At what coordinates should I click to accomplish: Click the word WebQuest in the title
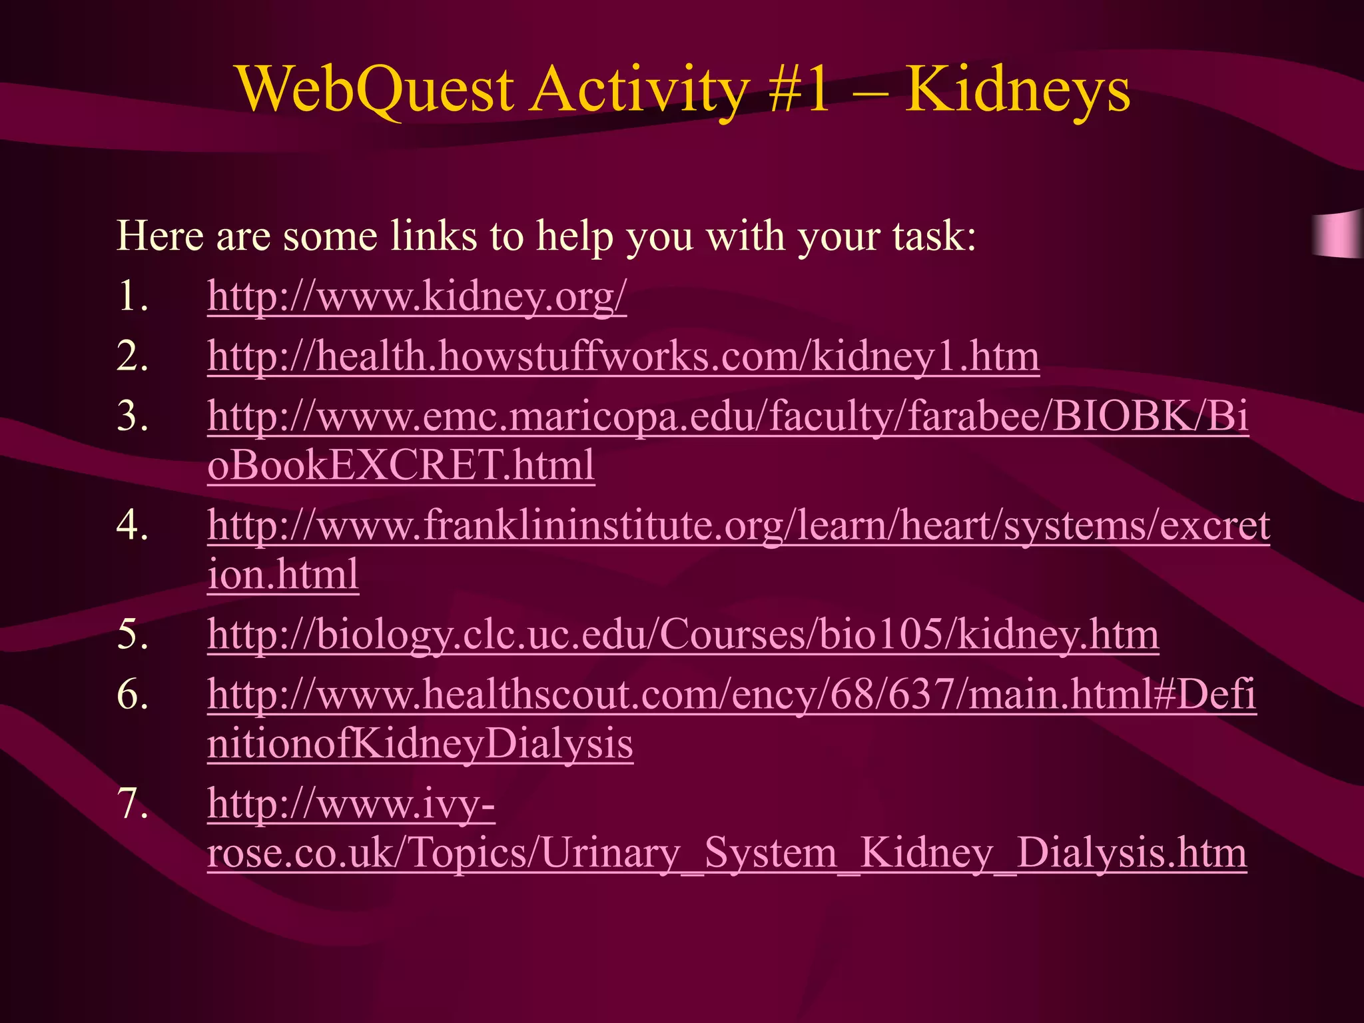pyautogui.click(x=376, y=90)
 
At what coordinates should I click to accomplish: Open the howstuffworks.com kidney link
pyautogui.click(x=623, y=356)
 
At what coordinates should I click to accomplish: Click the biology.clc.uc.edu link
pyautogui.click(x=683, y=634)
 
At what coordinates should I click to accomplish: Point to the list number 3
pyautogui.click(x=132, y=416)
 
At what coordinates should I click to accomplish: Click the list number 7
pyautogui.click(x=132, y=803)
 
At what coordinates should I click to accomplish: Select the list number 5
pyautogui.click(x=132, y=634)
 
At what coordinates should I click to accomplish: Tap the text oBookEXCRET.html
pyautogui.click(x=400, y=465)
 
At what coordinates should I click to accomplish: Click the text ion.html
pyautogui.click(x=283, y=574)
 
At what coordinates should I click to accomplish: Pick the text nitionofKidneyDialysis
pyautogui.click(x=420, y=743)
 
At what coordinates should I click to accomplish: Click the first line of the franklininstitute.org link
pyautogui.click(x=738, y=525)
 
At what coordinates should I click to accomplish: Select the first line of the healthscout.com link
pyautogui.click(x=731, y=695)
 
